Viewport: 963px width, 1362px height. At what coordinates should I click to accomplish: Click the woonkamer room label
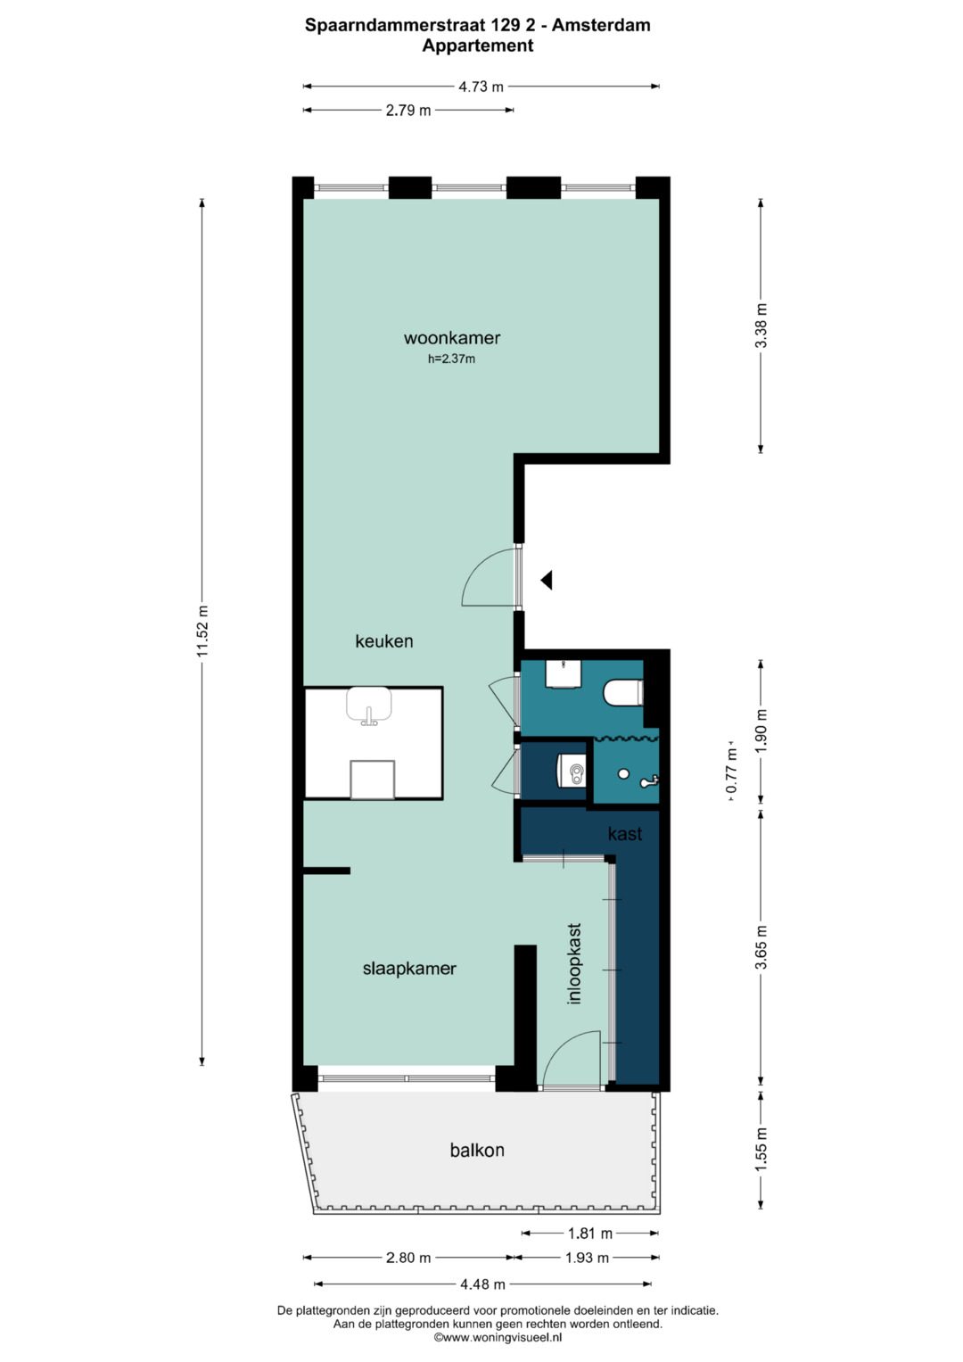(452, 338)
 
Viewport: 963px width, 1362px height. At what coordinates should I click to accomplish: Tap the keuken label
(384, 641)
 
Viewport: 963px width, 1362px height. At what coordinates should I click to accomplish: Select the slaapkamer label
(409, 969)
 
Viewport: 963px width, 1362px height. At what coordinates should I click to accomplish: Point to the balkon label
(477, 1151)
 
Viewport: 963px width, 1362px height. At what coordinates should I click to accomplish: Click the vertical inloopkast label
(574, 963)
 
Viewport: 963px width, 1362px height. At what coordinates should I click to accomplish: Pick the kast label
(625, 833)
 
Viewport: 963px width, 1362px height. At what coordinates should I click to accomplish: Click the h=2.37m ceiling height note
(451, 359)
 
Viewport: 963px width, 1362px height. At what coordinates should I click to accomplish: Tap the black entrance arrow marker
(547, 580)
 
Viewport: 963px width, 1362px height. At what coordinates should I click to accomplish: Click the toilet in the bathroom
(623, 693)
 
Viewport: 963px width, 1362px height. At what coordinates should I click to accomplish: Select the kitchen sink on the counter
(369, 706)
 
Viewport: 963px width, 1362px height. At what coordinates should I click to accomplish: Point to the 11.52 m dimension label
(202, 631)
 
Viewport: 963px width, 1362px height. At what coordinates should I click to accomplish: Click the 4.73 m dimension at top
(481, 87)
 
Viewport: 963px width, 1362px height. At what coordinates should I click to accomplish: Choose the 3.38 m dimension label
(761, 326)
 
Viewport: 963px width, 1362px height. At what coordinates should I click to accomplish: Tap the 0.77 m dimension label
(732, 771)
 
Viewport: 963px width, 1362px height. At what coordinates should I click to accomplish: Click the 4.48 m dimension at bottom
(482, 1284)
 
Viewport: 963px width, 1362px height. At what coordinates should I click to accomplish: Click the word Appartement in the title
(478, 45)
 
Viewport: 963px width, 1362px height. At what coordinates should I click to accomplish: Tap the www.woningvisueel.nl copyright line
(498, 1337)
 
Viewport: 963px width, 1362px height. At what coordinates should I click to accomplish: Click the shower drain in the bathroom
(623, 773)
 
